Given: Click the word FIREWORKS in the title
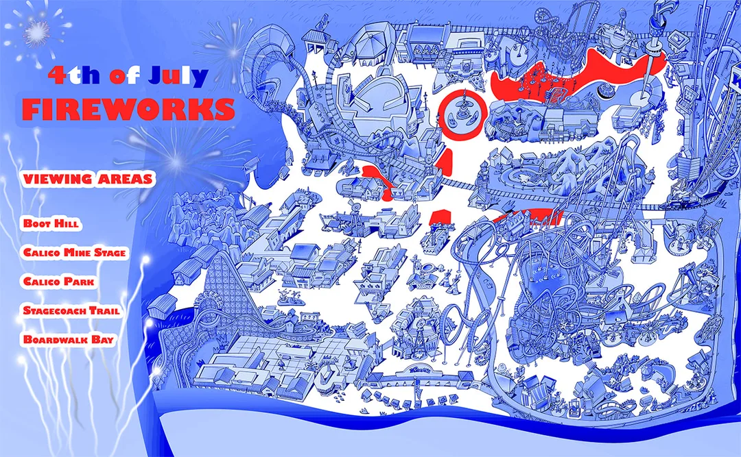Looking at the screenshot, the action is pos(128,110).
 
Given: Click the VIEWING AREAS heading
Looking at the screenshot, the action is pos(88,179).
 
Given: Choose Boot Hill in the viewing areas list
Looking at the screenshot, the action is pos(51,223).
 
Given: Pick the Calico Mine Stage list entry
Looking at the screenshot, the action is pos(75,252).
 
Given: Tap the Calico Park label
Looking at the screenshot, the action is pos(59,282).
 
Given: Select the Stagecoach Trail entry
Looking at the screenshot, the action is pos(71,310).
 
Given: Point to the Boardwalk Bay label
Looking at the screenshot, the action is pos(69,339).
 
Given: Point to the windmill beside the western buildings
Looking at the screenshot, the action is pos(355,207).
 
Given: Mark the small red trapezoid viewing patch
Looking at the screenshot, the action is pos(440,217).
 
